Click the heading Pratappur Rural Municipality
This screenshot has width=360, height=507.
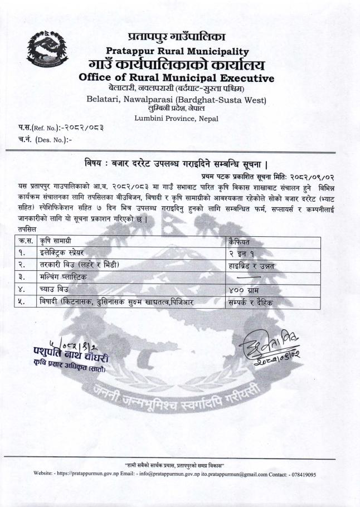pos(180,51)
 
